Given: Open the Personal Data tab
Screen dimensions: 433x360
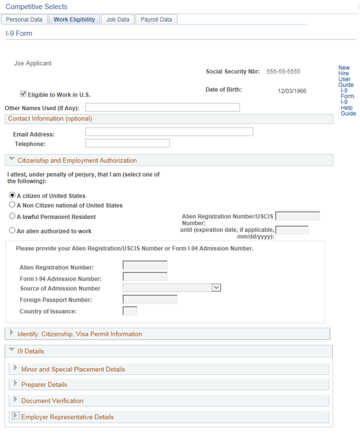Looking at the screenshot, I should [24, 19].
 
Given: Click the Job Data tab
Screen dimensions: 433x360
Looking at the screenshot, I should [118, 19].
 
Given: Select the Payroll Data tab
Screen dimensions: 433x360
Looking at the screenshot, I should [156, 19].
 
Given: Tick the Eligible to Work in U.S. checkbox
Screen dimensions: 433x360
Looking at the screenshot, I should [23, 94].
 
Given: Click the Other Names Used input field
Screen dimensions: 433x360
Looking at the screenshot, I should [162, 108].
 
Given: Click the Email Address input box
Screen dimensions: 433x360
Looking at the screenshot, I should [169, 132].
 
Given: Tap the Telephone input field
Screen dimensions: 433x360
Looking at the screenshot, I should [127, 143].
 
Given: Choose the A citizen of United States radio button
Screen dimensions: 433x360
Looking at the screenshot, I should [12, 196].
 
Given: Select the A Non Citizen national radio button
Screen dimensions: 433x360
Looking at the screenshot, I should [12, 205].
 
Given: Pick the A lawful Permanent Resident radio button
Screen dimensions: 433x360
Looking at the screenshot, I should [12, 217].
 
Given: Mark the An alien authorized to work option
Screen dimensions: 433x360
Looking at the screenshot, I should [12, 230].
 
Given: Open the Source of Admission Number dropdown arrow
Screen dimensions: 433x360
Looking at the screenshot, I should [217, 288].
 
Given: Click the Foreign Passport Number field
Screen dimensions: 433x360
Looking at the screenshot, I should [149, 300].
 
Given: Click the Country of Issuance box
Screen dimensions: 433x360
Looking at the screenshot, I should [130, 311].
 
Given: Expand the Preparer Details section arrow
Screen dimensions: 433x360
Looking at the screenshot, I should [16, 384].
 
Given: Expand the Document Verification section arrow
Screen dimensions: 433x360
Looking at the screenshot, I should [16, 400].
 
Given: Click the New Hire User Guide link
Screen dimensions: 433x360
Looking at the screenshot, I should [344, 76].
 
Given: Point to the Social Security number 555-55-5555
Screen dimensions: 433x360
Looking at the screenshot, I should [283, 72].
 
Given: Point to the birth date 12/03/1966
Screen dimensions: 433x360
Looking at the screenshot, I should [292, 92].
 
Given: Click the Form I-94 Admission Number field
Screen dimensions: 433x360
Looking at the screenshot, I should [145, 277].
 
